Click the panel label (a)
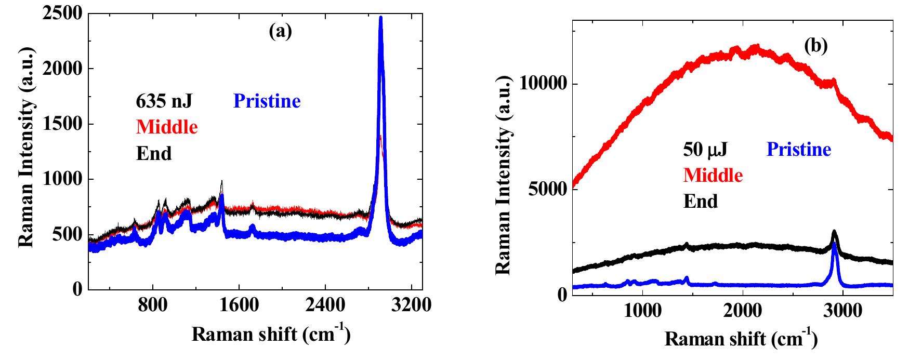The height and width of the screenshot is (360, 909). coord(281,32)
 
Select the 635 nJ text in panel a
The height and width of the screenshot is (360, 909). coord(164,101)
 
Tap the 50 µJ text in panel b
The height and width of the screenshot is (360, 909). coord(705,150)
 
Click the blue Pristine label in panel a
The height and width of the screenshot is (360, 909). coord(267,101)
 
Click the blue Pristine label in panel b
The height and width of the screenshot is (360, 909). coord(799,150)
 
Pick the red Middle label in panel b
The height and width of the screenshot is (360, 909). coord(713,175)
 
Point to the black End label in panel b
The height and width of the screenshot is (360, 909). coord(701,201)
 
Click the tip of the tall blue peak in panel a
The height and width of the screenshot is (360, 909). coord(381,18)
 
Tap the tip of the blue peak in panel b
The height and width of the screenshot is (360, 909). coord(834,243)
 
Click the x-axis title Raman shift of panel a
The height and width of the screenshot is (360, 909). coord(271,335)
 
